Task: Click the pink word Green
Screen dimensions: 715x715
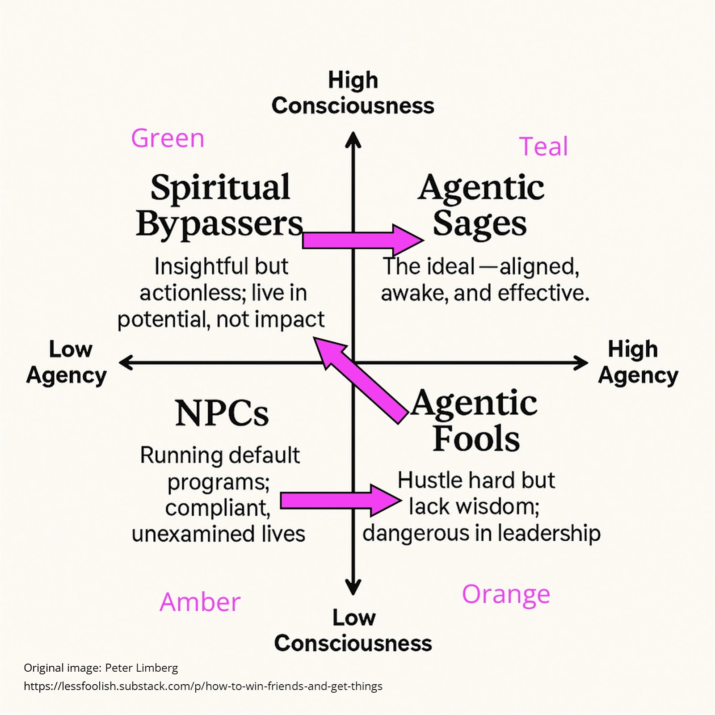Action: coord(168,139)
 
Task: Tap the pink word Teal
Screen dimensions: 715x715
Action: coord(543,147)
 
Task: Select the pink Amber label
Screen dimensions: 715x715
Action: coord(200,602)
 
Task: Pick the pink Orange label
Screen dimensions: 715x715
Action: coord(506,594)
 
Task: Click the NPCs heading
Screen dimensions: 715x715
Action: coord(222,413)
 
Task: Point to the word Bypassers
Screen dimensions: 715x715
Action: coord(219,223)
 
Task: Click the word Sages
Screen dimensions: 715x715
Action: coord(479,223)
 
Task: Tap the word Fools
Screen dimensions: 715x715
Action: coord(476,439)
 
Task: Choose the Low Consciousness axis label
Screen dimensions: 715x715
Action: coord(353,631)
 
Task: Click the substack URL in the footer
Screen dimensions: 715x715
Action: coord(203,686)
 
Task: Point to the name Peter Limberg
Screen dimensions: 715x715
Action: coord(141,668)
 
